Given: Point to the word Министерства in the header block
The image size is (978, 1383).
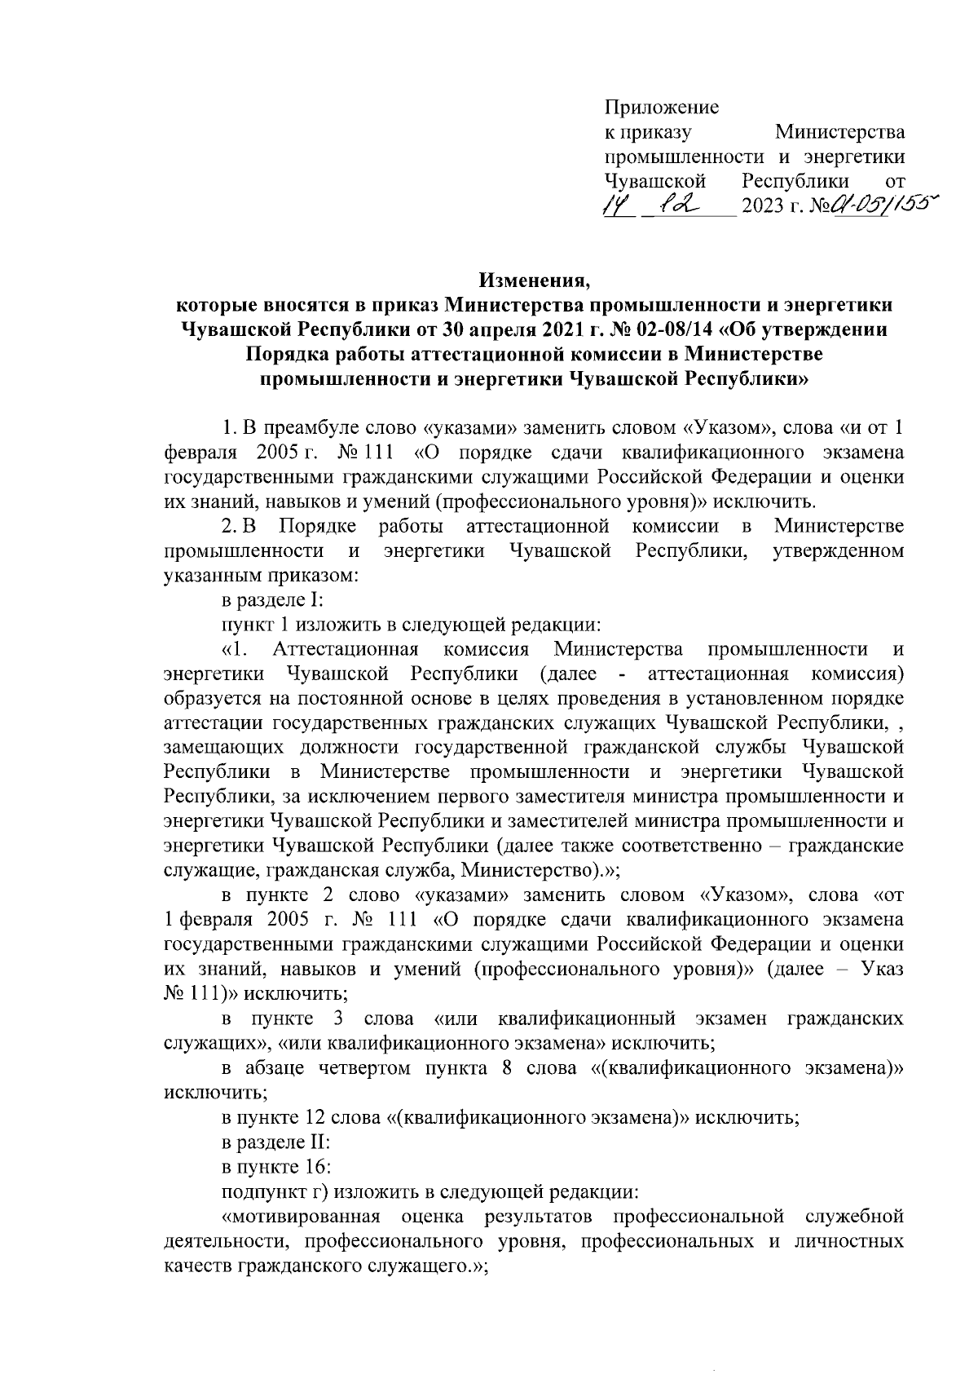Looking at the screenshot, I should (839, 132).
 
